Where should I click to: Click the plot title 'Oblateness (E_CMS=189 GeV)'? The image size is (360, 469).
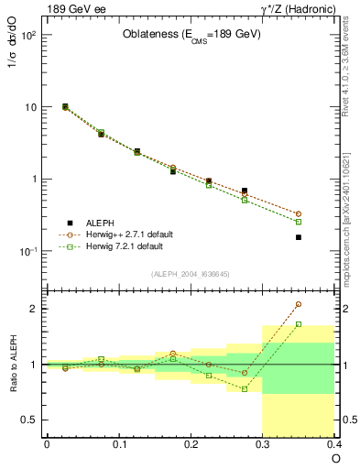[x=191, y=35]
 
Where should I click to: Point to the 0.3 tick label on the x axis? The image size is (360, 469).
[x=263, y=444]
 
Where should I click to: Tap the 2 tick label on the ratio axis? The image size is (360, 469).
[x=34, y=309]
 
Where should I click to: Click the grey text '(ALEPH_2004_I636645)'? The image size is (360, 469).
[x=191, y=273]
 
